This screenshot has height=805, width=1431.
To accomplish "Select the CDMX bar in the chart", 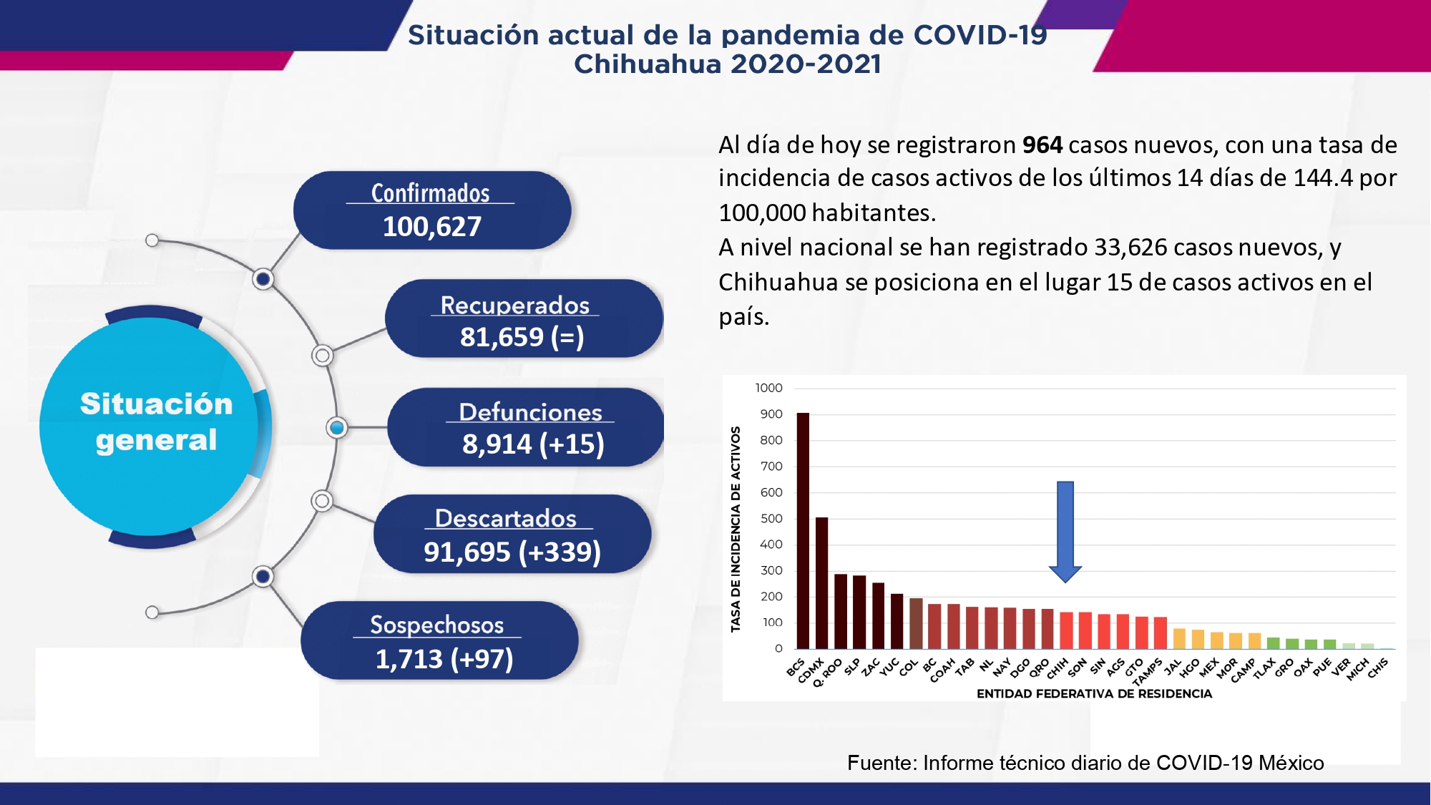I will pos(821,583).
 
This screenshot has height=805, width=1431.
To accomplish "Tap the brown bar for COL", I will pos(916,623).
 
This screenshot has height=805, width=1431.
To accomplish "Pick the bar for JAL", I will pos(1179,639).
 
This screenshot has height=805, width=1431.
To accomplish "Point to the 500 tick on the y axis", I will pos(771,519).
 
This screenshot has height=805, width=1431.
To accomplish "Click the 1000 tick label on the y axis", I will pos(768,388).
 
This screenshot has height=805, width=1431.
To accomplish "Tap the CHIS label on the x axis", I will pos(1378,668).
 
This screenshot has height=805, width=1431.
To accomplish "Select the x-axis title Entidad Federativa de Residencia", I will pos(1094,693).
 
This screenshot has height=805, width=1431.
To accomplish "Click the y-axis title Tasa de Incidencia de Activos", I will pos(736,529).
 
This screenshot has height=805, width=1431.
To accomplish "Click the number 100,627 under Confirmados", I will pos(432,227).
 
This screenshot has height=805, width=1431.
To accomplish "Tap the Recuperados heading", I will pos(515,305).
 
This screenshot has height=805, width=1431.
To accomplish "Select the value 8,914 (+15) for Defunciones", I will pos(533,444).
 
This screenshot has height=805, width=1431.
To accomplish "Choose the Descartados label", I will pos(506,518).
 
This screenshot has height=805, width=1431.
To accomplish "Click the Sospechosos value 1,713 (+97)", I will pos(444,659).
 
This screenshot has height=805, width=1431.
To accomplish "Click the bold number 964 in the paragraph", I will pos(1042,145).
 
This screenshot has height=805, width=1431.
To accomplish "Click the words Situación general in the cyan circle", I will pos(156,422).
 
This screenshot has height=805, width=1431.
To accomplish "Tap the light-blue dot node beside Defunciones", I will pos(336,428).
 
